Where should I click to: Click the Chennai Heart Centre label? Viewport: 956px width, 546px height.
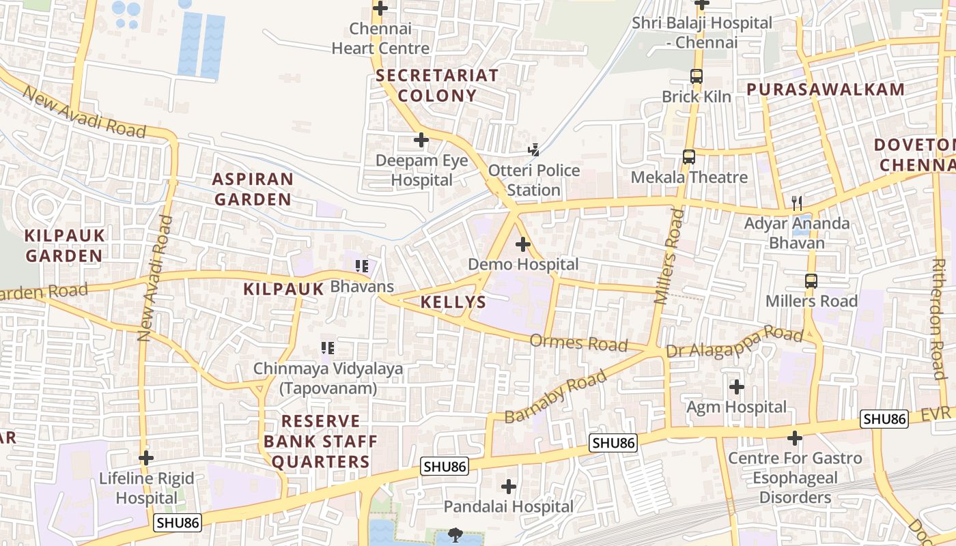(380, 39)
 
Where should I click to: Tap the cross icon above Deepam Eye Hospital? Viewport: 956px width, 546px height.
(421, 140)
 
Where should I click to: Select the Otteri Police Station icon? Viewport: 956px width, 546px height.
(535, 149)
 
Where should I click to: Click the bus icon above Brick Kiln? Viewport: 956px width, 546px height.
(697, 76)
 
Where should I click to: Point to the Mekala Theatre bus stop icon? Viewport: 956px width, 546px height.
(689, 157)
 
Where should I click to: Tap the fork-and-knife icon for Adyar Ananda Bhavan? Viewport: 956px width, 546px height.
(796, 203)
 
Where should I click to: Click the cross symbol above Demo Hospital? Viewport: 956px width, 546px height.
(523, 244)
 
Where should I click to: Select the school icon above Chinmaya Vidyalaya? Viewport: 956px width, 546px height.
(328, 348)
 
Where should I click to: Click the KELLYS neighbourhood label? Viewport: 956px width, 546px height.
(453, 302)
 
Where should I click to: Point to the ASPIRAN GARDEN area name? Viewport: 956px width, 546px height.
(253, 189)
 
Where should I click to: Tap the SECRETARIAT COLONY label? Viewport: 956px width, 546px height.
(437, 85)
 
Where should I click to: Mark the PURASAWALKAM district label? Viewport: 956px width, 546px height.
(826, 89)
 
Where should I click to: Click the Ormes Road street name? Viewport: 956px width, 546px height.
(578, 343)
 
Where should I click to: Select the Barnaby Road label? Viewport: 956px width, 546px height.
(555, 397)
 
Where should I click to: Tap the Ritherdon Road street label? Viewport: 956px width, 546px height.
(939, 319)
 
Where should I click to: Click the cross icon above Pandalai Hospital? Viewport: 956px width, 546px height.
(509, 487)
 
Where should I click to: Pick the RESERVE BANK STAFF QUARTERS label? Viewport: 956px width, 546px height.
(320, 441)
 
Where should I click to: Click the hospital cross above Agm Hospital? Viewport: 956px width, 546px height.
(737, 387)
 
